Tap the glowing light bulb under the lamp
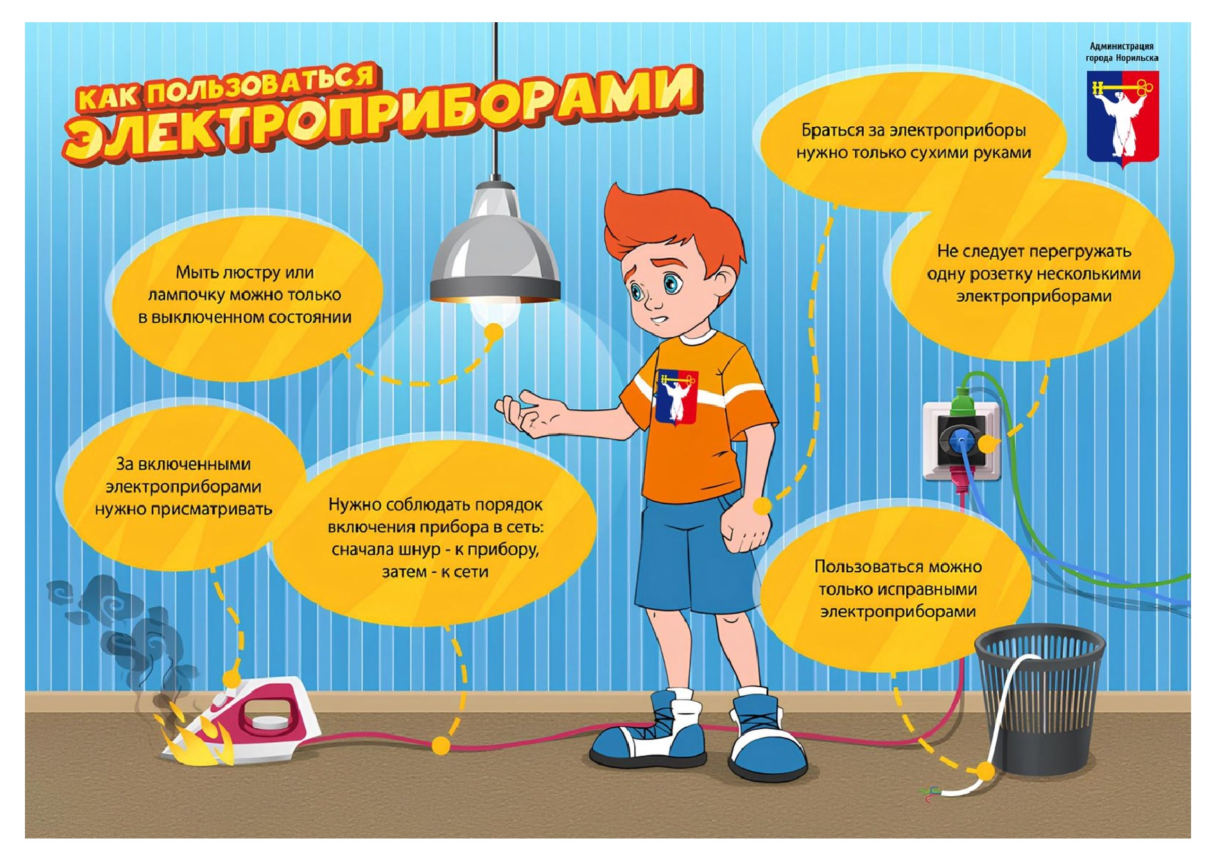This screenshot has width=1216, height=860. point(495,313)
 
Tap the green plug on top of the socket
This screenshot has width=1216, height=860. point(961,402)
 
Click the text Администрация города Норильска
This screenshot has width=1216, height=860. point(1122,52)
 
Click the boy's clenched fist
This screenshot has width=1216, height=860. point(745,526)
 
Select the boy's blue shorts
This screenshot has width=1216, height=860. point(700,555)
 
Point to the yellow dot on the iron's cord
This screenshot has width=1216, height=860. point(440,746)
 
